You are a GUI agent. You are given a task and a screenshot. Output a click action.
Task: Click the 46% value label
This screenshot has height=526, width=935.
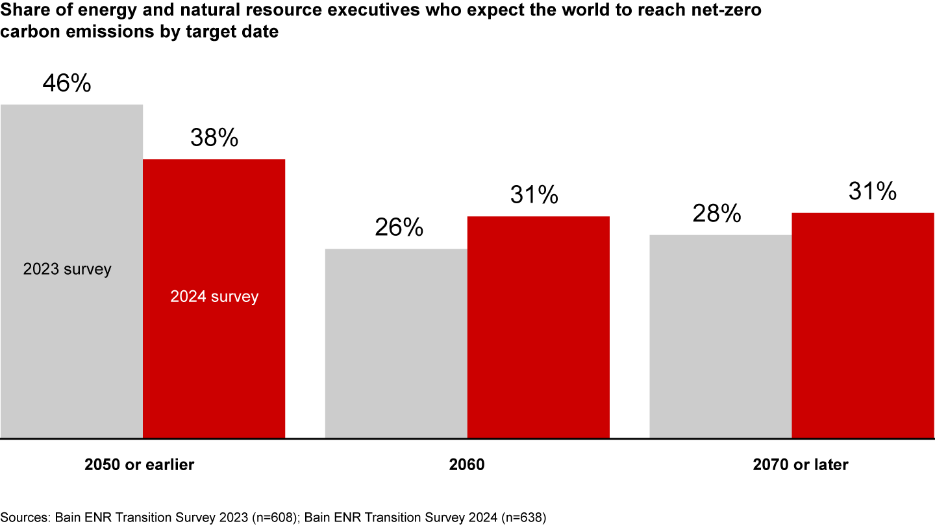click(x=67, y=84)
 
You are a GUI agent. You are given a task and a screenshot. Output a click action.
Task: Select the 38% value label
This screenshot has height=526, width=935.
click(x=214, y=138)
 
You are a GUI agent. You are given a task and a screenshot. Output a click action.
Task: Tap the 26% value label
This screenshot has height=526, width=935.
click(x=399, y=227)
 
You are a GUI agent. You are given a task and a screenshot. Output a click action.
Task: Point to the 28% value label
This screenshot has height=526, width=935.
click(x=716, y=214)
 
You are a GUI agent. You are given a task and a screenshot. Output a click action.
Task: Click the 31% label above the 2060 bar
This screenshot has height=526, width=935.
click(x=534, y=195)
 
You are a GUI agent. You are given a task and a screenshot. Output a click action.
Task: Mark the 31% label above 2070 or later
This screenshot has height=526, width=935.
click(x=872, y=191)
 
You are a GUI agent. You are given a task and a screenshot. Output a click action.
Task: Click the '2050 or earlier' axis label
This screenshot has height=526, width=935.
click(x=139, y=465)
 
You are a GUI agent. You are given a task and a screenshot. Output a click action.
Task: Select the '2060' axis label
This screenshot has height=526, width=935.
click(x=467, y=465)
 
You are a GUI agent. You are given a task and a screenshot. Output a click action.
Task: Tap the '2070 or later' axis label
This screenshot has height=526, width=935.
click(x=801, y=465)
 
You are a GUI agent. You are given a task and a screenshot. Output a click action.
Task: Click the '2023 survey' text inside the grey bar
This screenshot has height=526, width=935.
click(x=68, y=269)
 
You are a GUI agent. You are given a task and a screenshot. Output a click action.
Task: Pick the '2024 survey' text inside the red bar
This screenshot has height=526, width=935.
click(x=214, y=297)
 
